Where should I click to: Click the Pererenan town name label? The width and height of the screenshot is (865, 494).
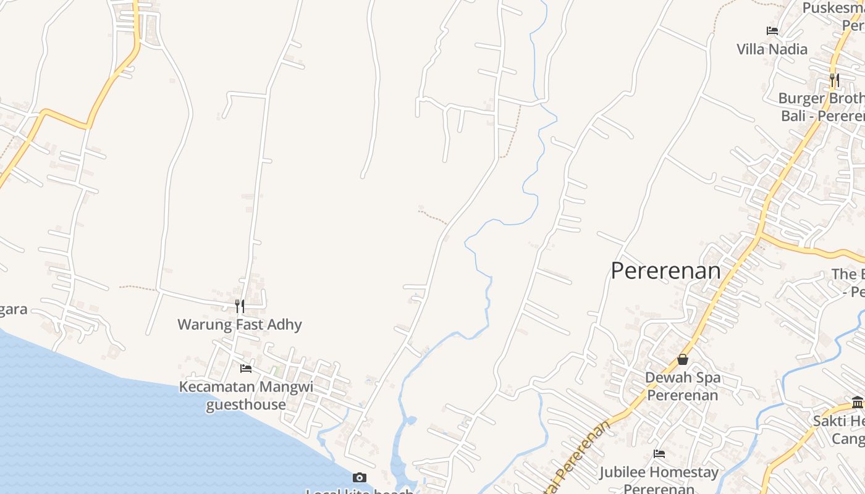pos(665,271)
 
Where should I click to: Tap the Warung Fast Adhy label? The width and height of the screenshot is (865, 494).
pos(240,325)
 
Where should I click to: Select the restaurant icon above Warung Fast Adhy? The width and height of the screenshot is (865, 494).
pos(240,306)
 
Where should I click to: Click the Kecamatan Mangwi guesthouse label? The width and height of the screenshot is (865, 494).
pos(246,396)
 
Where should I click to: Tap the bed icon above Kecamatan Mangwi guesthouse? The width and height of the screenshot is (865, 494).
pos(246,369)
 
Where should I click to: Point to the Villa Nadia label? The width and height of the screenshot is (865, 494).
pos(772,49)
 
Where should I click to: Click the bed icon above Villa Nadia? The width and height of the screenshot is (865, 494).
pos(772,30)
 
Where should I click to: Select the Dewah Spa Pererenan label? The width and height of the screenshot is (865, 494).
pos(683,386)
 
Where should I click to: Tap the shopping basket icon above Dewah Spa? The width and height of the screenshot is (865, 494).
pos(683,359)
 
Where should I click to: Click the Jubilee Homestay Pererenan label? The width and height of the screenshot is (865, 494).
pos(659,480)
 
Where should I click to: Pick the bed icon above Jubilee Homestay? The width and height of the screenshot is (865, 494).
pos(659,454)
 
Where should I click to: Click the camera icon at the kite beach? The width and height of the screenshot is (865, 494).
pos(359,477)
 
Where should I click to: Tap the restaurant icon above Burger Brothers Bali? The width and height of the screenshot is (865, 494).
pos(834,80)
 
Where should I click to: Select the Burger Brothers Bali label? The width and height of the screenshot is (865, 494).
pos(822,107)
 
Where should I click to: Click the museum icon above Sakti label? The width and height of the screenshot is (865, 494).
pos(858,403)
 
